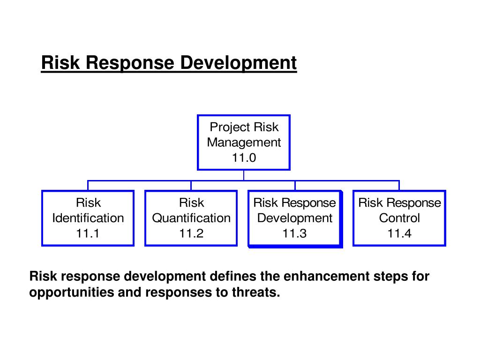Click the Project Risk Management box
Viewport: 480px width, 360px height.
pos(244,142)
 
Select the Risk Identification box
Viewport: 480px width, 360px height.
pos(88,218)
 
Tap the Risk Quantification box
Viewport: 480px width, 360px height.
pos(191,218)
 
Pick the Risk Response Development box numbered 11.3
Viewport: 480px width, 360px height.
pos(295,218)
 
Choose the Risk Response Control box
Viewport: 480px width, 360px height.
pos(399,218)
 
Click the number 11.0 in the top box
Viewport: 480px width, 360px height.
pos(244,158)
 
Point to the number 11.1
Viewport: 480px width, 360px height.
pos(88,233)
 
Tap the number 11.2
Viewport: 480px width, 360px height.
pos(191,233)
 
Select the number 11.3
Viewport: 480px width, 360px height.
pos(294,233)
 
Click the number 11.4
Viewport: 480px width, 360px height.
pos(399,233)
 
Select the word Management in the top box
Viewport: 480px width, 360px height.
pos(244,142)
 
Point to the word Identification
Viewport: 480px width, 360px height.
pos(88,218)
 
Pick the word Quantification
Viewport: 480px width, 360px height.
pos(191,218)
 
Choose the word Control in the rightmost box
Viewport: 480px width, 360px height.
pos(399,218)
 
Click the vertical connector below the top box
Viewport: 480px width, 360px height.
pos(244,175)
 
